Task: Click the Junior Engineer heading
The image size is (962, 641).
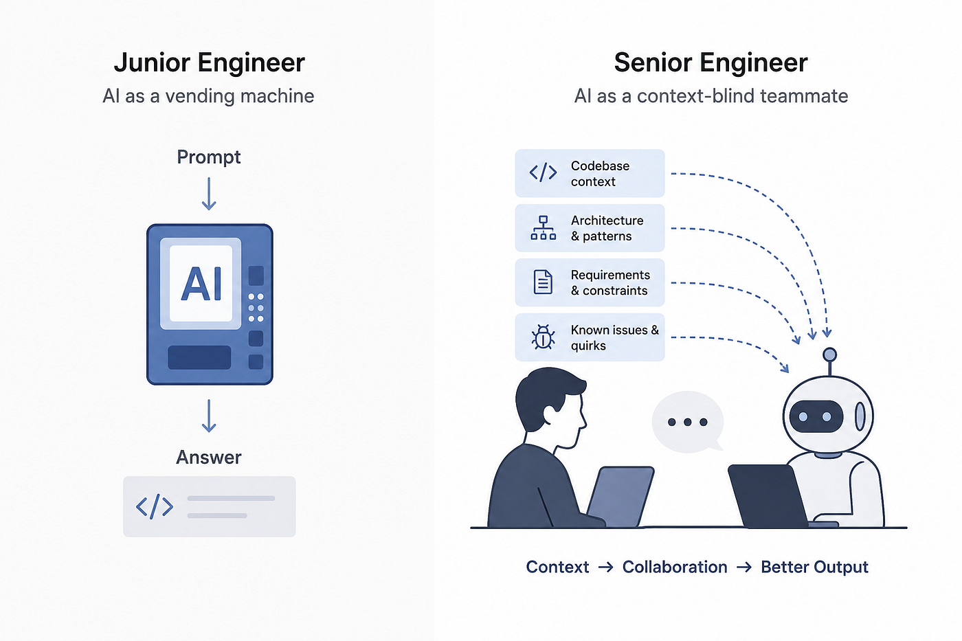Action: (x=209, y=63)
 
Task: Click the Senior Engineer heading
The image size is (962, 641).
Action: (x=711, y=63)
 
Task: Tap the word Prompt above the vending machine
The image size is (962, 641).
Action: (x=209, y=157)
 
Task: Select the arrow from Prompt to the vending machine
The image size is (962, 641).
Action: (x=209, y=194)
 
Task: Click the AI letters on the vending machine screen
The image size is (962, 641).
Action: (x=201, y=284)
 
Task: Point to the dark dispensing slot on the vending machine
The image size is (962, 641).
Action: (x=199, y=357)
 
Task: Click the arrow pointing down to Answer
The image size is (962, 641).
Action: (x=209, y=416)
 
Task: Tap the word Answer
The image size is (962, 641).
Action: (x=209, y=458)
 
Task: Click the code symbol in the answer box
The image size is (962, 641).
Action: (x=155, y=506)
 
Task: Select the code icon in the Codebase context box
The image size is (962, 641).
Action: (x=544, y=172)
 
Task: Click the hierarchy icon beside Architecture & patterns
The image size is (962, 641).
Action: (x=544, y=227)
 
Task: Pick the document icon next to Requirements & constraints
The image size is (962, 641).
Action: (x=543, y=282)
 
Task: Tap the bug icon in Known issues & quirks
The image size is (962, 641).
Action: (x=544, y=337)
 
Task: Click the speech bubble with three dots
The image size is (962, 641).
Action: (x=688, y=422)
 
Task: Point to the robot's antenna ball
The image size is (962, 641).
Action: (x=830, y=355)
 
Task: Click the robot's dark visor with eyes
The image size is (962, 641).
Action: (x=816, y=416)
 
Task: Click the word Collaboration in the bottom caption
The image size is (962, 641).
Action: (x=675, y=567)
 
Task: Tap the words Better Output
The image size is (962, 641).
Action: (x=815, y=567)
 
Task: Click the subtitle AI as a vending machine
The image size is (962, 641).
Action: (x=208, y=95)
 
